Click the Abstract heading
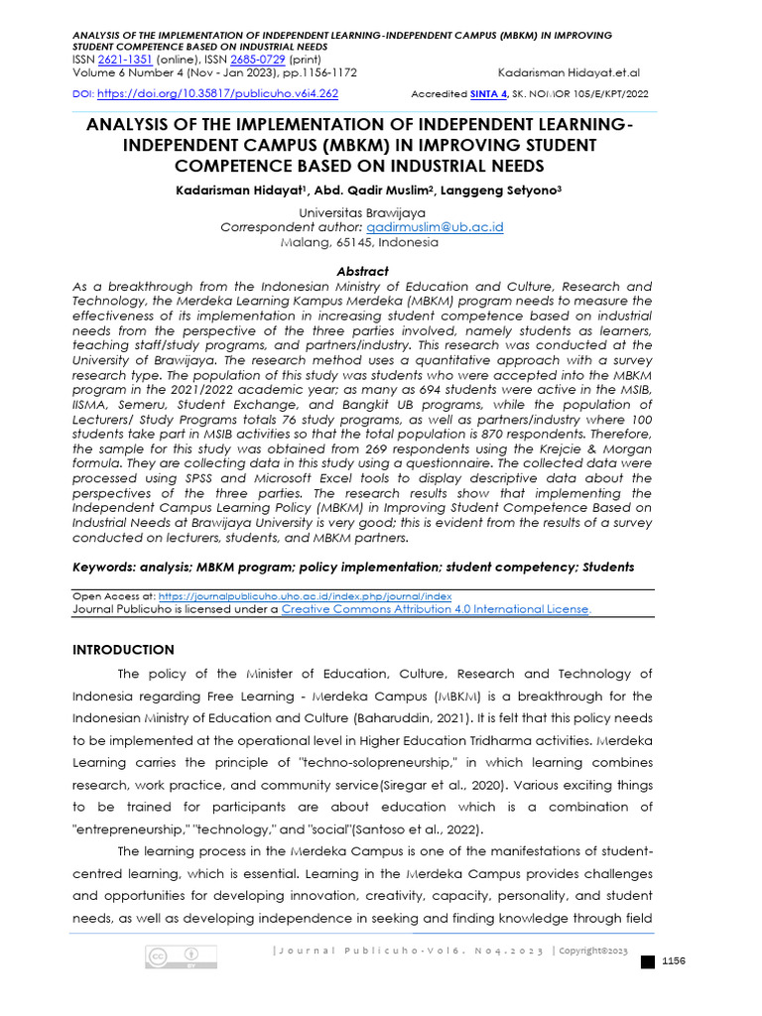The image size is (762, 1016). [362, 271]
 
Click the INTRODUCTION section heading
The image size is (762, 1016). [124, 650]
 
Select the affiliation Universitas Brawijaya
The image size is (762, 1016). [362, 213]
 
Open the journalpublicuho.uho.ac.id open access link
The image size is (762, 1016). [305, 596]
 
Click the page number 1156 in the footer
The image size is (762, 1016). [674, 960]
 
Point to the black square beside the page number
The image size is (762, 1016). [648, 962]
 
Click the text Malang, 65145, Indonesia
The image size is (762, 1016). [362, 241]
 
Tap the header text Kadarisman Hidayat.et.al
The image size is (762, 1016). [569, 72]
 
